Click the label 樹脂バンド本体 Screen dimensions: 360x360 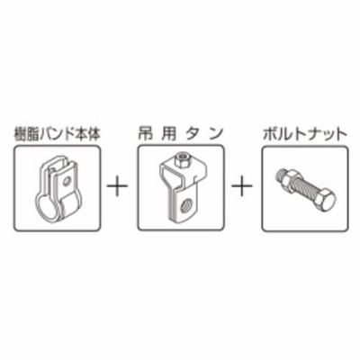(x=57, y=135)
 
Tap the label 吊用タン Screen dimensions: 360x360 (x=181, y=134)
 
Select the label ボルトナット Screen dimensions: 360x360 (x=305, y=135)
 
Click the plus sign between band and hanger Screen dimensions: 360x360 (x=118, y=185)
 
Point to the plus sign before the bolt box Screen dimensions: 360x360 (x=242, y=185)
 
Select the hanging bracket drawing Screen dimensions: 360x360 (x=182, y=186)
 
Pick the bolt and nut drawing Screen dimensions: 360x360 (x=305, y=188)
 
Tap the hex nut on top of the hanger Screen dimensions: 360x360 (x=182, y=159)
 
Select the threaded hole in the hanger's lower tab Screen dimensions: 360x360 (x=184, y=206)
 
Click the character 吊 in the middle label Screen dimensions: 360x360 (x=145, y=134)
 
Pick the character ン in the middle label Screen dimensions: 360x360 (x=217, y=134)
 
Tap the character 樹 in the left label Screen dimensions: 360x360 (x=21, y=135)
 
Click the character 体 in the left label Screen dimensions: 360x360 (x=94, y=135)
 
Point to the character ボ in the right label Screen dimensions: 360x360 (x=269, y=135)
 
